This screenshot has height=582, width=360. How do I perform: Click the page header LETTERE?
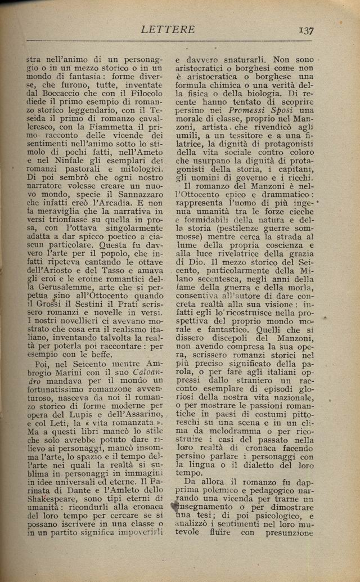[x=168, y=29]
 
